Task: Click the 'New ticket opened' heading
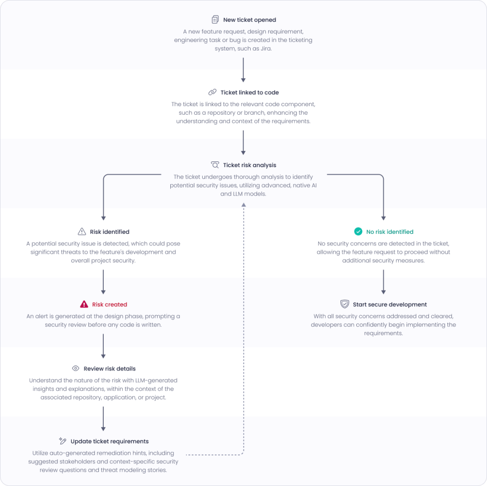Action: click(x=249, y=20)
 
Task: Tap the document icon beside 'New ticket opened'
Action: click(x=215, y=20)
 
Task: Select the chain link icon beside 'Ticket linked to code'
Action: click(x=212, y=92)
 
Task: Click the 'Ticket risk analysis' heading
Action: click(x=249, y=165)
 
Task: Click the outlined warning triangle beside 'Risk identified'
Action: click(x=82, y=232)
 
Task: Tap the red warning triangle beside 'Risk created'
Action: click(x=84, y=304)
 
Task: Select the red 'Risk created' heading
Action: click(x=109, y=304)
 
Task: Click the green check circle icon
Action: click(x=358, y=232)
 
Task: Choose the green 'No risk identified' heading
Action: click(x=390, y=232)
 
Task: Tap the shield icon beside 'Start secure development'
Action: click(x=345, y=304)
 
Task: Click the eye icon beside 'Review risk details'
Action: click(x=76, y=368)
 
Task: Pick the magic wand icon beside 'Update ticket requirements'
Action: click(x=62, y=441)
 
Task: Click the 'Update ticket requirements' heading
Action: click(x=109, y=441)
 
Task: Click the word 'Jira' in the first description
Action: click(x=265, y=49)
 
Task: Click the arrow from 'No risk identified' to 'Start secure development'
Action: click(x=383, y=282)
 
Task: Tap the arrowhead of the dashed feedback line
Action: click(x=243, y=204)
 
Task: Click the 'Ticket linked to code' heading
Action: click(x=250, y=92)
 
